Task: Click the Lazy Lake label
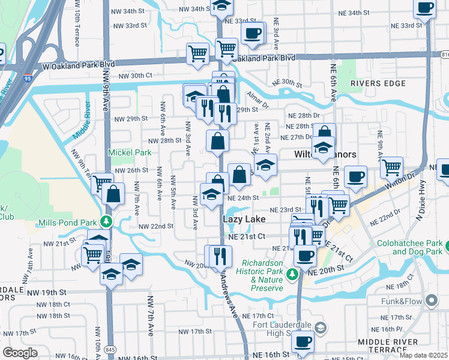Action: [244, 220]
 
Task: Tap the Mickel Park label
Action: [130, 152]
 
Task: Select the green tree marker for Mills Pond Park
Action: [106, 222]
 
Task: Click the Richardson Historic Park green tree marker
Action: [292, 274]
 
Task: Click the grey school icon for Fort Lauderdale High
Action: [321, 327]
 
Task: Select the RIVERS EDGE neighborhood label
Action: [379, 83]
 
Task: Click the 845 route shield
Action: [109, 349]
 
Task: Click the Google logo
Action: [20, 353]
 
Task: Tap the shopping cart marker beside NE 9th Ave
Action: [391, 167]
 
